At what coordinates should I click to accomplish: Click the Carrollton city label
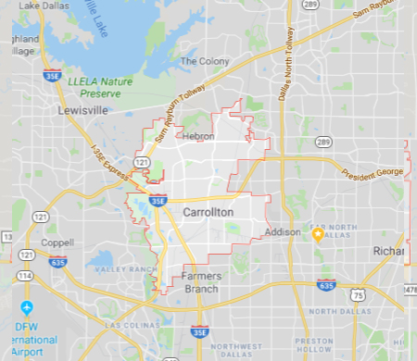[208, 213]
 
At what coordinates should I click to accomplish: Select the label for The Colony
[201, 62]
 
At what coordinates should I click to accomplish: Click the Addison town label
[282, 231]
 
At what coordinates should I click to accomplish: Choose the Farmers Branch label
[200, 282]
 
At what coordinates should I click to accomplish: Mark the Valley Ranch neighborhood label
[120, 269]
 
